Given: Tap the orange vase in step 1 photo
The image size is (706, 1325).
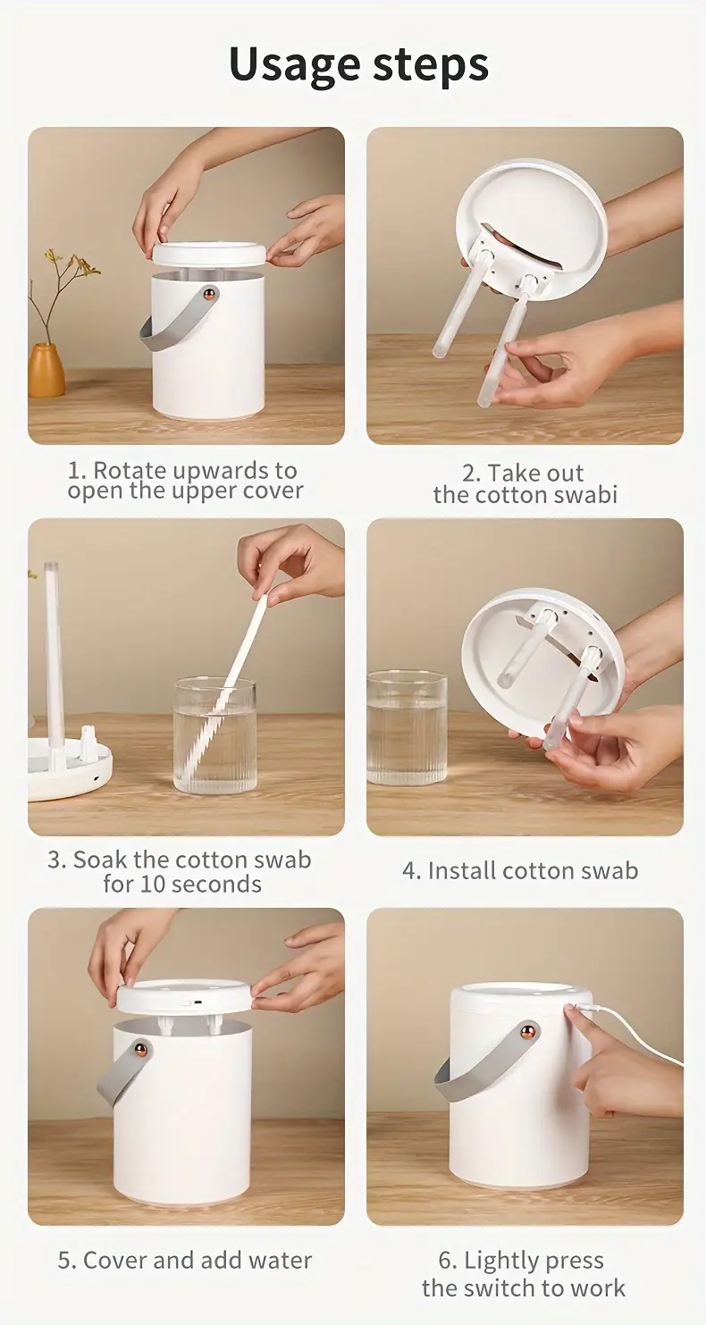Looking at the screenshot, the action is [46, 370].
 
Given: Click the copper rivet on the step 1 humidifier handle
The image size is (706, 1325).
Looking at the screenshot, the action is [208, 293].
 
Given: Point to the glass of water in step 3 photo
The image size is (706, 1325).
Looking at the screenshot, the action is [214, 736].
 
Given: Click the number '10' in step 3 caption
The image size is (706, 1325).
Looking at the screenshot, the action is [154, 885].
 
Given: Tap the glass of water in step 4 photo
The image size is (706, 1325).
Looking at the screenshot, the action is [406, 728].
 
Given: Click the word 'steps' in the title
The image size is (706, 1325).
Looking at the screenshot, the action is [424, 65].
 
